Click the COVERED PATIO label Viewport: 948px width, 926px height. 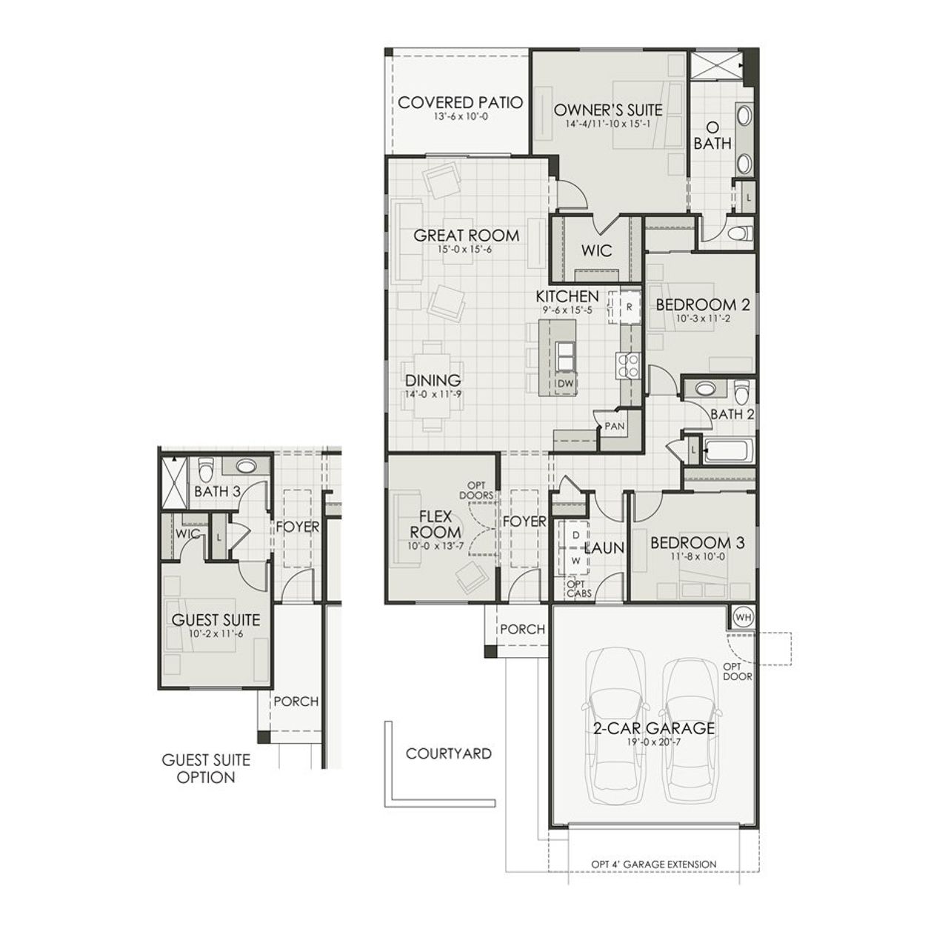click(460, 103)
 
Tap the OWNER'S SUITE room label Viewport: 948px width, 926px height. click(608, 110)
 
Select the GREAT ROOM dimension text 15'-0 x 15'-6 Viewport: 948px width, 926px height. click(465, 250)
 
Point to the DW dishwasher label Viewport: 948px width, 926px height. click(565, 383)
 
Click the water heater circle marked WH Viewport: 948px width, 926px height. click(743, 616)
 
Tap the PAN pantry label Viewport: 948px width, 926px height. click(614, 427)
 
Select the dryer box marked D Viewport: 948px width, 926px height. click(574, 534)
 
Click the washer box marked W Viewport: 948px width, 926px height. click(575, 560)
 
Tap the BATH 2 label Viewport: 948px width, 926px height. click(731, 414)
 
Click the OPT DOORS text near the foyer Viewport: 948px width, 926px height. click(475, 490)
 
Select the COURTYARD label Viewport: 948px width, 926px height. click(449, 754)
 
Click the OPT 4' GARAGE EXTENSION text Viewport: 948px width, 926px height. click(654, 864)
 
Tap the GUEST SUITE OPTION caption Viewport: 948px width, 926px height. click(206, 768)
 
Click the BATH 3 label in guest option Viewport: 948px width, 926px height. click(217, 491)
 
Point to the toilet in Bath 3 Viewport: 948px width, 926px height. click(206, 469)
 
